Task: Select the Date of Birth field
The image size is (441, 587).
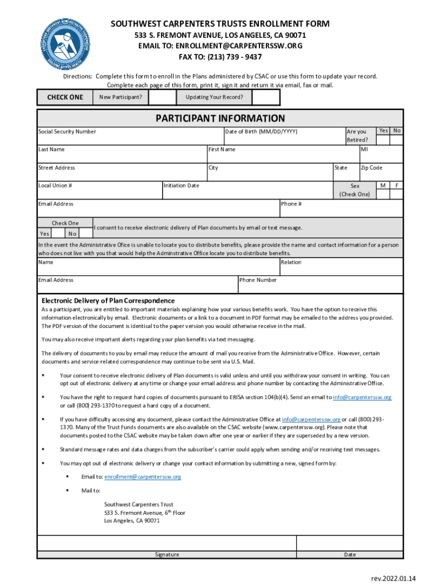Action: (283, 138)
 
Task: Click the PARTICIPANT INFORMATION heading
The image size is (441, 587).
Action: (220, 119)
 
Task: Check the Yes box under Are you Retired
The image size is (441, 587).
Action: (383, 139)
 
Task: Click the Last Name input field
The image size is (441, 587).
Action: (121, 156)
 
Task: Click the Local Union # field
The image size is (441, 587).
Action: (99, 192)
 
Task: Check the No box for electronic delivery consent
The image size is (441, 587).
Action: (85, 233)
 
